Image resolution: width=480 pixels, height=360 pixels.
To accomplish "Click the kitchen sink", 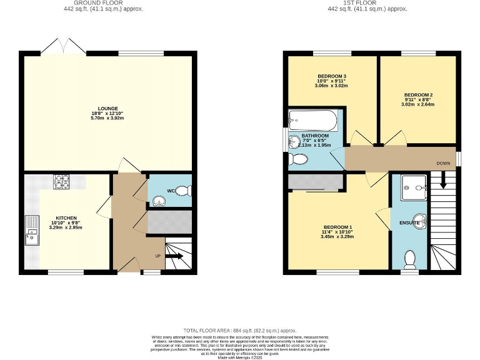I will pyautogui.click(x=31, y=230).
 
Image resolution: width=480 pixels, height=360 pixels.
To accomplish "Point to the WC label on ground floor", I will pyautogui.click(x=170, y=191).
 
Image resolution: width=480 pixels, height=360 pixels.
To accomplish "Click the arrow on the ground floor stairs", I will pyautogui.click(x=174, y=256).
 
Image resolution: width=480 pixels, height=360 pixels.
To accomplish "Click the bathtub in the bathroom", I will pyautogui.click(x=313, y=120).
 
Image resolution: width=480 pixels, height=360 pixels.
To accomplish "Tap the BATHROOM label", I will pyautogui.click(x=315, y=136).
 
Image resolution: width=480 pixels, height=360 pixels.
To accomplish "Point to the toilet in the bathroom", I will pyautogui.click(x=298, y=160).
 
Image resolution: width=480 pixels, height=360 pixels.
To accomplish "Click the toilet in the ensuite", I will pyautogui.click(x=411, y=257).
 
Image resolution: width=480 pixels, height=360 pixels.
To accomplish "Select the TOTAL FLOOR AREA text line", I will pyautogui.click(x=239, y=330).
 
